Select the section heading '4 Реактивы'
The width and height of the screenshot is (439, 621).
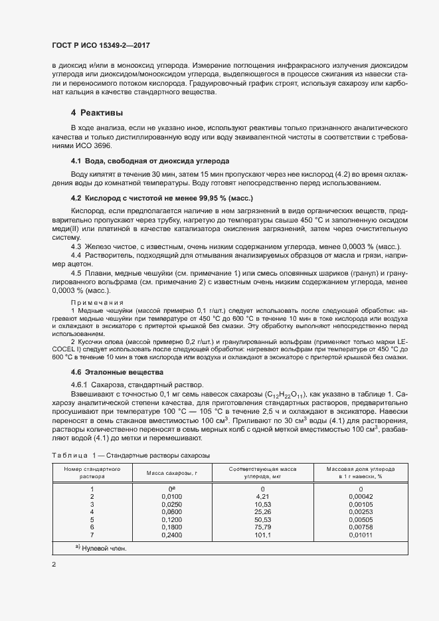click(97, 112)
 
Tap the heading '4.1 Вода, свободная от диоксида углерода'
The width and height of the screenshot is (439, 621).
click(150, 161)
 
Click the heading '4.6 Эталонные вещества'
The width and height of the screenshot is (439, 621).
click(117, 372)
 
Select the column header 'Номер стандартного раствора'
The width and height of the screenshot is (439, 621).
click(92, 472)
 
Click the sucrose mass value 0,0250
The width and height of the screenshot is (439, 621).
click(172, 504)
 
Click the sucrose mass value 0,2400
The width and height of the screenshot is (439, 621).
click(172, 535)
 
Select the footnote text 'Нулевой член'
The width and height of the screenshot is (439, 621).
click(103, 549)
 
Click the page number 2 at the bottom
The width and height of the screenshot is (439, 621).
click(54, 564)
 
